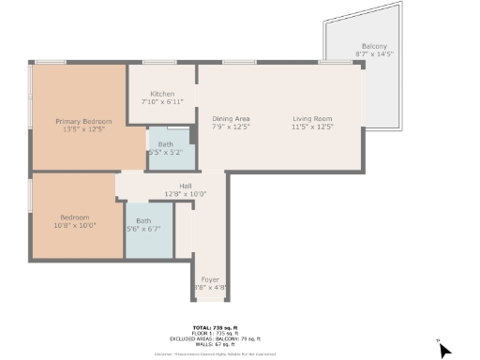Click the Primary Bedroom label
[83, 122]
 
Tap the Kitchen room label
[163, 94]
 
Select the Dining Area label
[231, 118]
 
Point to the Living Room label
[313, 118]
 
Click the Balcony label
[374, 47]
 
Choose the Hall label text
[186, 187]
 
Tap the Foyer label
[210, 279]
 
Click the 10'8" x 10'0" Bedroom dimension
[74, 225]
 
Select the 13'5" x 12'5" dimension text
[83, 129]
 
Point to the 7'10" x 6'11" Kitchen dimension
[163, 101]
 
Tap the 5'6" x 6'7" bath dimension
[144, 228]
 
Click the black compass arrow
[444, 350]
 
